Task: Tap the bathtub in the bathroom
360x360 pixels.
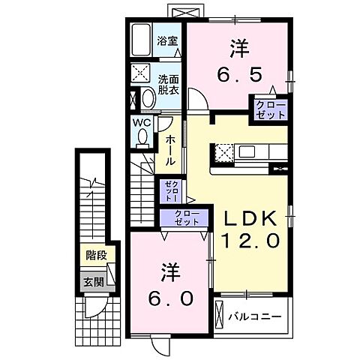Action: [142, 40]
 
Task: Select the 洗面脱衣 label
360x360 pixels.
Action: [168, 85]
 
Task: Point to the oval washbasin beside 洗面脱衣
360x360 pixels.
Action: [147, 98]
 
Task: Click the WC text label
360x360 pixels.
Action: [142, 122]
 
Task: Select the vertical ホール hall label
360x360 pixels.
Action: [172, 150]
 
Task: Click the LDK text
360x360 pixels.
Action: [250, 219]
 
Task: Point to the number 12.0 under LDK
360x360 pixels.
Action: [250, 241]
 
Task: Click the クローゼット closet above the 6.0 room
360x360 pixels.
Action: [187, 218]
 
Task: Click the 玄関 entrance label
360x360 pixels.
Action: [94, 282]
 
